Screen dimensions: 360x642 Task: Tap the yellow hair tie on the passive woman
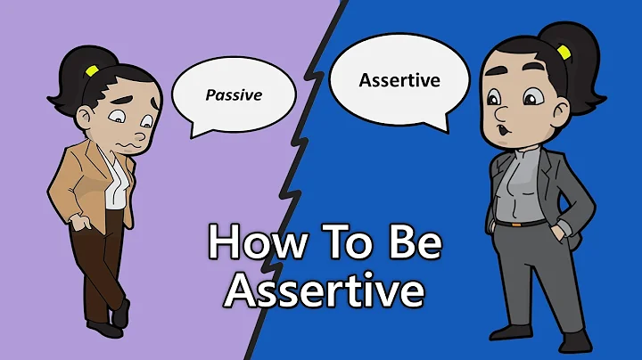(x=90, y=70)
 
